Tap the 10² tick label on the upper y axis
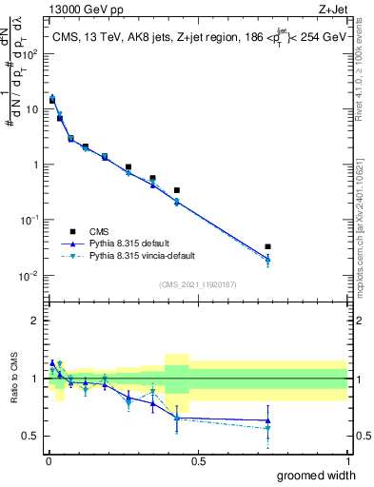[30, 54]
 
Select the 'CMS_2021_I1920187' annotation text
[198, 284]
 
